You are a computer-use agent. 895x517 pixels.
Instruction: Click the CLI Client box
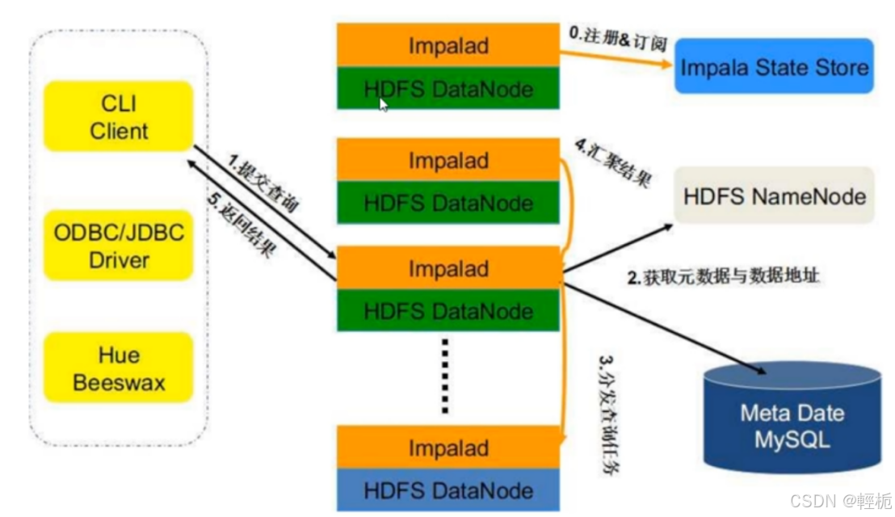pos(119,116)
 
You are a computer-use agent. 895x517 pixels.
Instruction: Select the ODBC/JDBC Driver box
pos(119,246)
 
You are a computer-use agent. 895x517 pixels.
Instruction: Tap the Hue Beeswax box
pos(119,368)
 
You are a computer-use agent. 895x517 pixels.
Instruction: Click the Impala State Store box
pos(774,66)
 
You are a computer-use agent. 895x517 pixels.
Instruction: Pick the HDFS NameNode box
pos(774,195)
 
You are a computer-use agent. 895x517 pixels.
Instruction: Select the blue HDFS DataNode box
pos(448,490)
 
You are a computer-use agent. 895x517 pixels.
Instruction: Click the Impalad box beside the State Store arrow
pos(448,45)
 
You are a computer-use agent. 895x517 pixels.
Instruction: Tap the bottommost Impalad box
pos(448,448)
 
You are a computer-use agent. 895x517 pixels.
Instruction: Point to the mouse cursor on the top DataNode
pos(383,103)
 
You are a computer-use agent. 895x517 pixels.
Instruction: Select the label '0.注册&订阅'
pos(618,37)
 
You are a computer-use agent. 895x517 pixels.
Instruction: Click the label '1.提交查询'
pos(263,187)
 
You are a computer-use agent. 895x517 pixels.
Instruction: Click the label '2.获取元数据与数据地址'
pos(724,276)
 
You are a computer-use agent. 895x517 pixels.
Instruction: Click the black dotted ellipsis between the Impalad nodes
pos(444,376)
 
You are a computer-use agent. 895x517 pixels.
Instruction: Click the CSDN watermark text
pos(840,501)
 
